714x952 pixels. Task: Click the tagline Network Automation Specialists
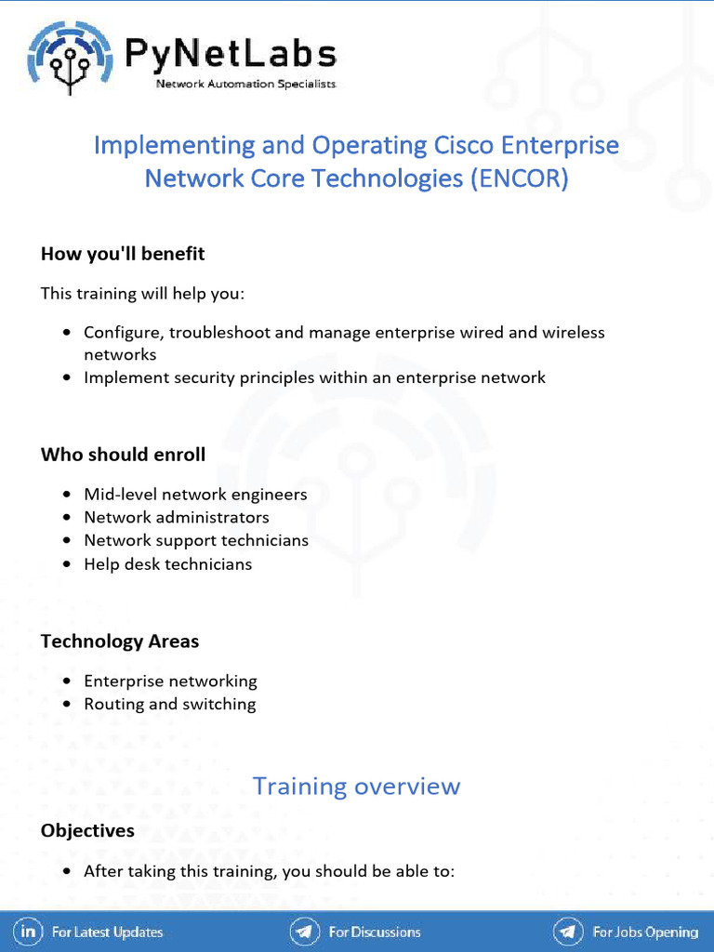[245, 84]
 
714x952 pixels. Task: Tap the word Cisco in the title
[463, 145]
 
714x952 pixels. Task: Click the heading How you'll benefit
[123, 254]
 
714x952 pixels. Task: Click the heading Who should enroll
[123, 455]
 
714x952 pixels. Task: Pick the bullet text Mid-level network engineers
[195, 495]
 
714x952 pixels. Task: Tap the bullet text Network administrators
[177, 517]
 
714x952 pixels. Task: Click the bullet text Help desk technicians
[167, 564]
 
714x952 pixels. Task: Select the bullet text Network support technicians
[196, 540]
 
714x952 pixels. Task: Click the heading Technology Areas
[120, 641]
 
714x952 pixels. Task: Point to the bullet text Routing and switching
[170, 704]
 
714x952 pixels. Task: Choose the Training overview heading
[357, 787]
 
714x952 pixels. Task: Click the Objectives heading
[87, 831]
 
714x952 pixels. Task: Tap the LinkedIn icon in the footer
[29, 932]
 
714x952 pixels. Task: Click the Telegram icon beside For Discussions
[304, 932]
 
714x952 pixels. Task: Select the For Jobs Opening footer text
[645, 932]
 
